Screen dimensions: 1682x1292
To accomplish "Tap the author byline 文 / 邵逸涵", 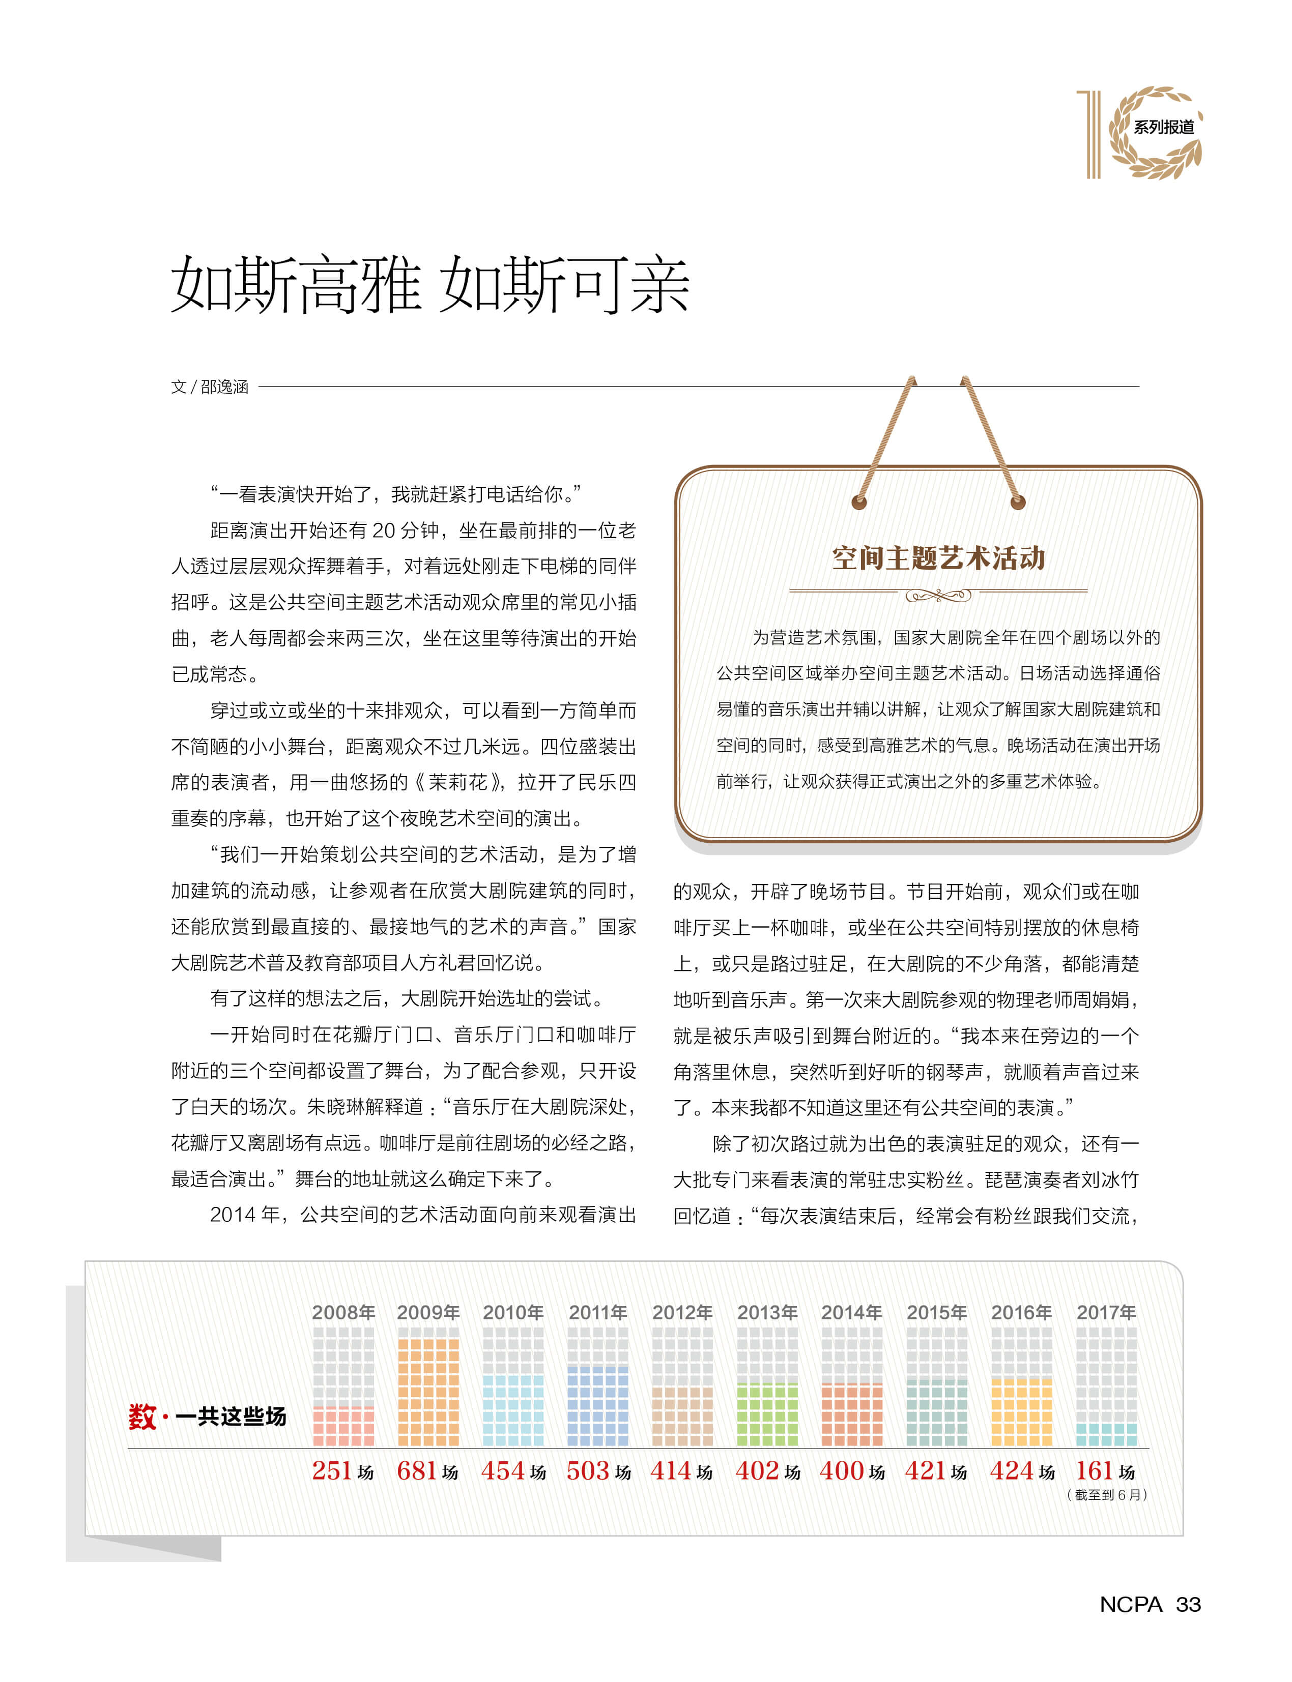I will coord(209,387).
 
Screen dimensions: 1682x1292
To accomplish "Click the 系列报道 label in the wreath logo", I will coord(1164,127).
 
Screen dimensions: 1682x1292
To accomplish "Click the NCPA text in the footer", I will coord(1130,1604).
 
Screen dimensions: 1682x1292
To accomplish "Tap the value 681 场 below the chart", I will coord(427,1470).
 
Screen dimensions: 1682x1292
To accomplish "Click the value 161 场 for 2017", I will coord(1105,1470).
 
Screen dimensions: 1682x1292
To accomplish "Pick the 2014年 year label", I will coord(851,1312).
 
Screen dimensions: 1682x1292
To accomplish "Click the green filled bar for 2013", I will coord(767,1414).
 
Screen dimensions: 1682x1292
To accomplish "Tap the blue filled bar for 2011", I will coord(597,1406).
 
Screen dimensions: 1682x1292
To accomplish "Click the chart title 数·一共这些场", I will coord(208,1416).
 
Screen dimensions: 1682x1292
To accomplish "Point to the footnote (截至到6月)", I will coord(1107,1494).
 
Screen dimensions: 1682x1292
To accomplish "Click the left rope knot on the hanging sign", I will coord(859,503).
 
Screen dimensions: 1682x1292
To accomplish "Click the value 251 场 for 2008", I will coord(343,1470).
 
